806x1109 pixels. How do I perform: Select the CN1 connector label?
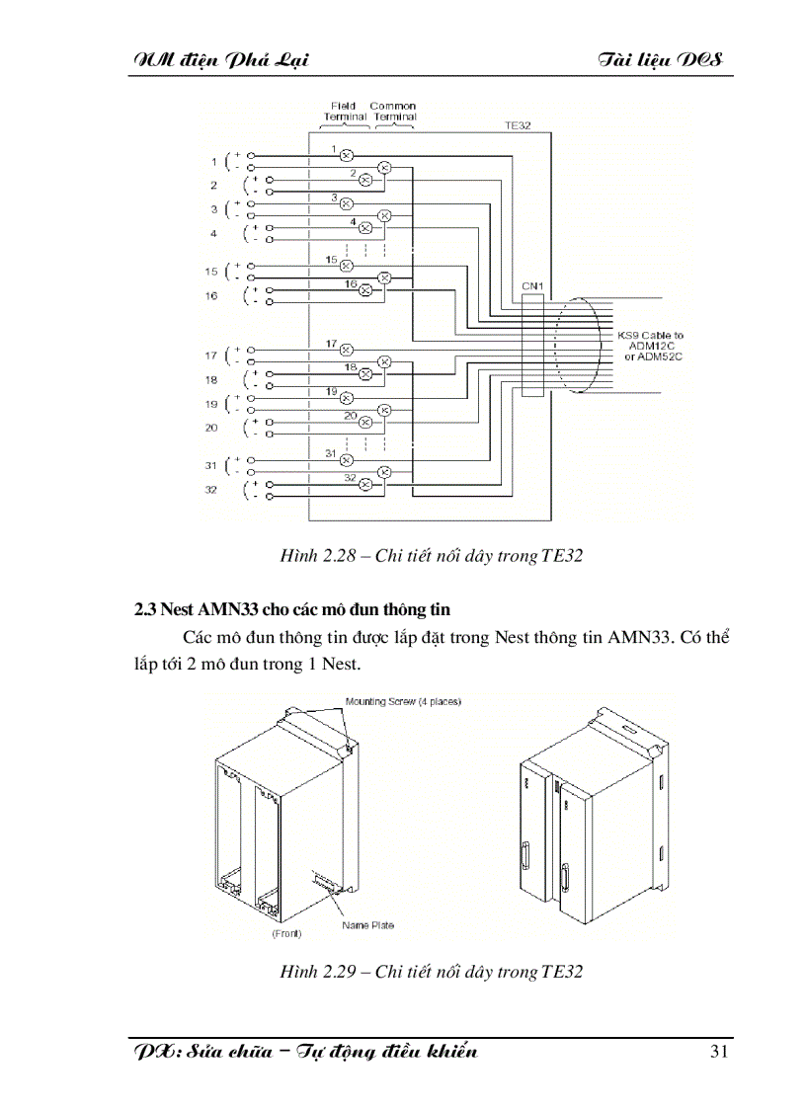(532, 285)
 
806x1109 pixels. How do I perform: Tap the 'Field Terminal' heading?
(345, 111)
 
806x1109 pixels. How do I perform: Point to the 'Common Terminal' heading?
(394, 111)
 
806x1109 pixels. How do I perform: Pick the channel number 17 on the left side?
(211, 356)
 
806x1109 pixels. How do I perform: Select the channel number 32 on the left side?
(211, 490)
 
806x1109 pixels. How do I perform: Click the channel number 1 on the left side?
(212, 161)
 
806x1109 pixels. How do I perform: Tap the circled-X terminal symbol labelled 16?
(364, 290)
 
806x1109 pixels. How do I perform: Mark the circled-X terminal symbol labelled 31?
(346, 459)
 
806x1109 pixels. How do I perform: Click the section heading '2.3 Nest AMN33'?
(292, 609)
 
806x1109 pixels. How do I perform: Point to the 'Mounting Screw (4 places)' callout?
(403, 701)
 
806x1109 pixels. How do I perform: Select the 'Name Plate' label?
(367, 925)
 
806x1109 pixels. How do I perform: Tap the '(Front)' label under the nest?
(286, 932)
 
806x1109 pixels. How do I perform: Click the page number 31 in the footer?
(719, 1051)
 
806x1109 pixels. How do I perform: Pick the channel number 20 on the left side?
(211, 428)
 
